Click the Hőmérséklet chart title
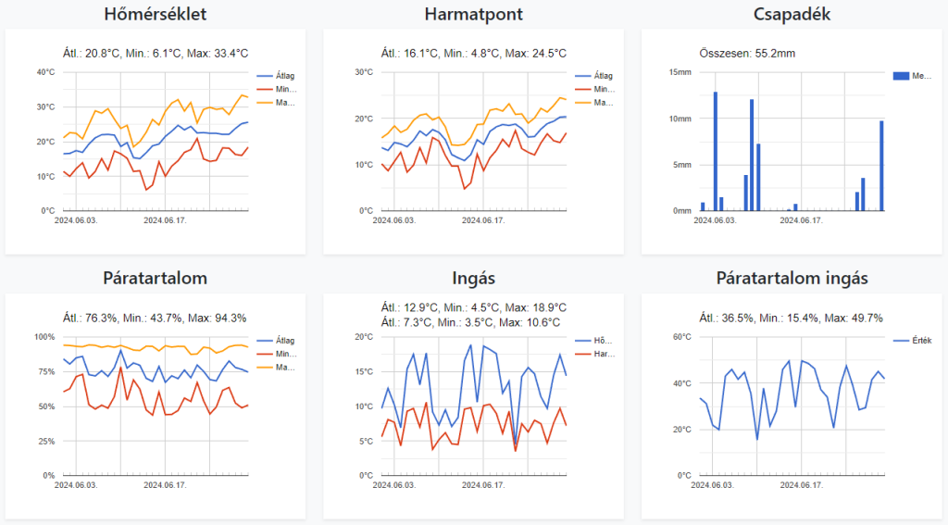(156, 15)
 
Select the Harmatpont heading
(473, 15)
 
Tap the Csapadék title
(791, 15)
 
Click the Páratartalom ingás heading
(792, 279)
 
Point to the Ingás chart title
(473, 279)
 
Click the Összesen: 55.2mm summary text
(745, 53)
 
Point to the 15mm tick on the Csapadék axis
(680, 72)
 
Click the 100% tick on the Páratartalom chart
(44, 337)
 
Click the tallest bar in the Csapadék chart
(716, 150)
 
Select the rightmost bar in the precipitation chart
(881, 165)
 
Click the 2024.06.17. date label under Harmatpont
(483, 220)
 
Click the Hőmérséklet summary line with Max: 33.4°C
(155, 53)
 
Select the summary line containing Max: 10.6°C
(473, 322)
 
